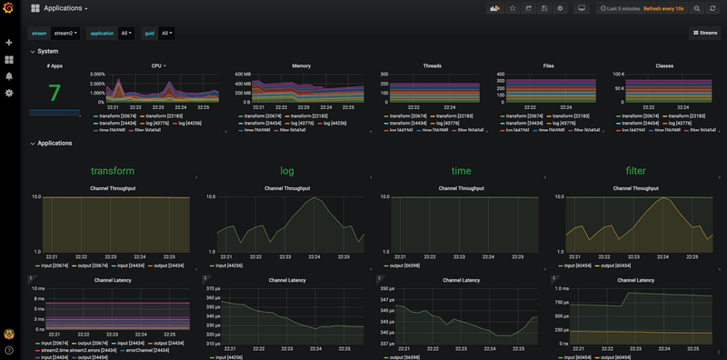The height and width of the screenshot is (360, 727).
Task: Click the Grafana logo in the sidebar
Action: (x=9, y=9)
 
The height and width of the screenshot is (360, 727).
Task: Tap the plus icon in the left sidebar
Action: (x=9, y=43)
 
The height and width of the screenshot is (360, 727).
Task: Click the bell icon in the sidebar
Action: (x=9, y=76)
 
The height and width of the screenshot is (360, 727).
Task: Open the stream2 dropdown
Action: (x=65, y=34)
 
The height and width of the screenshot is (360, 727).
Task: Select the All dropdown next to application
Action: (x=126, y=34)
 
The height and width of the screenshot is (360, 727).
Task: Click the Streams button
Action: (x=704, y=34)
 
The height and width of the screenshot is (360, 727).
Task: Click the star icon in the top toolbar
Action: (x=513, y=9)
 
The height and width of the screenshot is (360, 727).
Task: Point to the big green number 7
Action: (x=54, y=93)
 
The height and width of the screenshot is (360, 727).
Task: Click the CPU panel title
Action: (x=157, y=66)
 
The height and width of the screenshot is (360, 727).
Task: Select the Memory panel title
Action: (x=301, y=66)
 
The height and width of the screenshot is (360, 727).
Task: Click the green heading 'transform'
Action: (x=113, y=170)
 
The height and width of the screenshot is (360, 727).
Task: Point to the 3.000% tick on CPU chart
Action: (x=104, y=74)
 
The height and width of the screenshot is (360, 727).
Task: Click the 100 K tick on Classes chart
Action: (x=618, y=74)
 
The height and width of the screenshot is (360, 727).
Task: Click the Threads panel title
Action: (x=433, y=66)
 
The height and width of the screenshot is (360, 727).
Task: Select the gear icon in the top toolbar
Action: (x=560, y=9)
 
